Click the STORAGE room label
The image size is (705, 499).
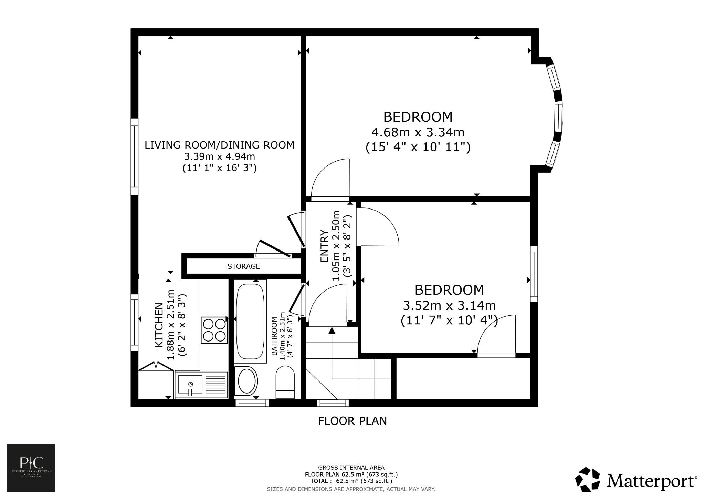(243, 266)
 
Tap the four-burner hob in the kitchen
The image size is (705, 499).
(214, 330)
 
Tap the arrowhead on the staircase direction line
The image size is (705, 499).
(332, 331)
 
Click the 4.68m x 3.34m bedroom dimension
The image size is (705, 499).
(418, 132)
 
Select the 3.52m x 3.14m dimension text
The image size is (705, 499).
(449, 305)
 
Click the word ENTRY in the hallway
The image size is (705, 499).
(324, 246)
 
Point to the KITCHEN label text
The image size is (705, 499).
(159, 325)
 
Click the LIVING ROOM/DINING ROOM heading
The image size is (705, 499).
(219, 145)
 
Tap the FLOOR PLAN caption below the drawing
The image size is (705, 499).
(352, 421)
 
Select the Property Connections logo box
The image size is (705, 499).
(31, 468)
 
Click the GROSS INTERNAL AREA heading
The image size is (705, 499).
(351, 468)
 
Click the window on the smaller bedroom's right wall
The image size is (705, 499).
(534, 274)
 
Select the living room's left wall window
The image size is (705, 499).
(134, 157)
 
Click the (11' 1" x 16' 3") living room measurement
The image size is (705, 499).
(219, 168)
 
